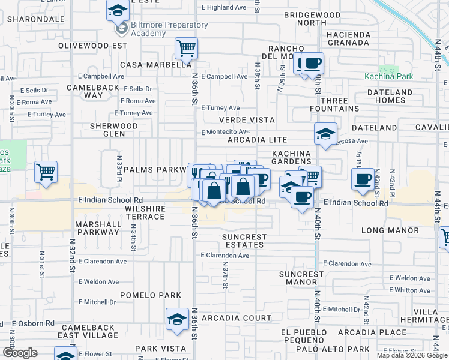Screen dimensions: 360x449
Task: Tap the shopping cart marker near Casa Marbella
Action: point(187,49)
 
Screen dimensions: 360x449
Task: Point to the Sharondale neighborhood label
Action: point(36,19)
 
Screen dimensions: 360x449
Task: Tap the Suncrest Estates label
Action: point(244,241)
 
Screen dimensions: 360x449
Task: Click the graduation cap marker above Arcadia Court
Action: point(177,319)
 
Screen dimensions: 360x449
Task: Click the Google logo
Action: point(20,353)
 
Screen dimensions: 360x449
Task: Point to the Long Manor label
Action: point(390,230)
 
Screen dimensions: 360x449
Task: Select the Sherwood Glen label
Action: point(113,130)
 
